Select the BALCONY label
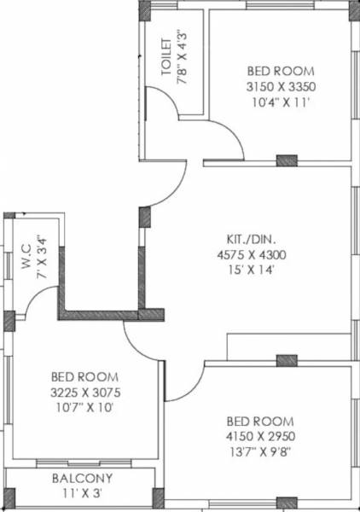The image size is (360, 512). pyautogui.click(x=82, y=479)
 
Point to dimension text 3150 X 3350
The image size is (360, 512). pyautogui.click(x=281, y=87)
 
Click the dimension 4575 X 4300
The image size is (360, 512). pyautogui.click(x=250, y=253)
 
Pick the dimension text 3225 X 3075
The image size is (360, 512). pyautogui.click(x=84, y=393)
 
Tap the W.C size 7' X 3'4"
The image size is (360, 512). pyautogui.click(x=40, y=255)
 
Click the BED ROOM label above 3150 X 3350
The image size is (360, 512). pyautogui.click(x=281, y=71)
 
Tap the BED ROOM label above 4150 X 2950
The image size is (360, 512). pyautogui.click(x=260, y=422)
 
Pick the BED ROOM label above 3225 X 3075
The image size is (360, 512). pyautogui.click(x=84, y=376)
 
